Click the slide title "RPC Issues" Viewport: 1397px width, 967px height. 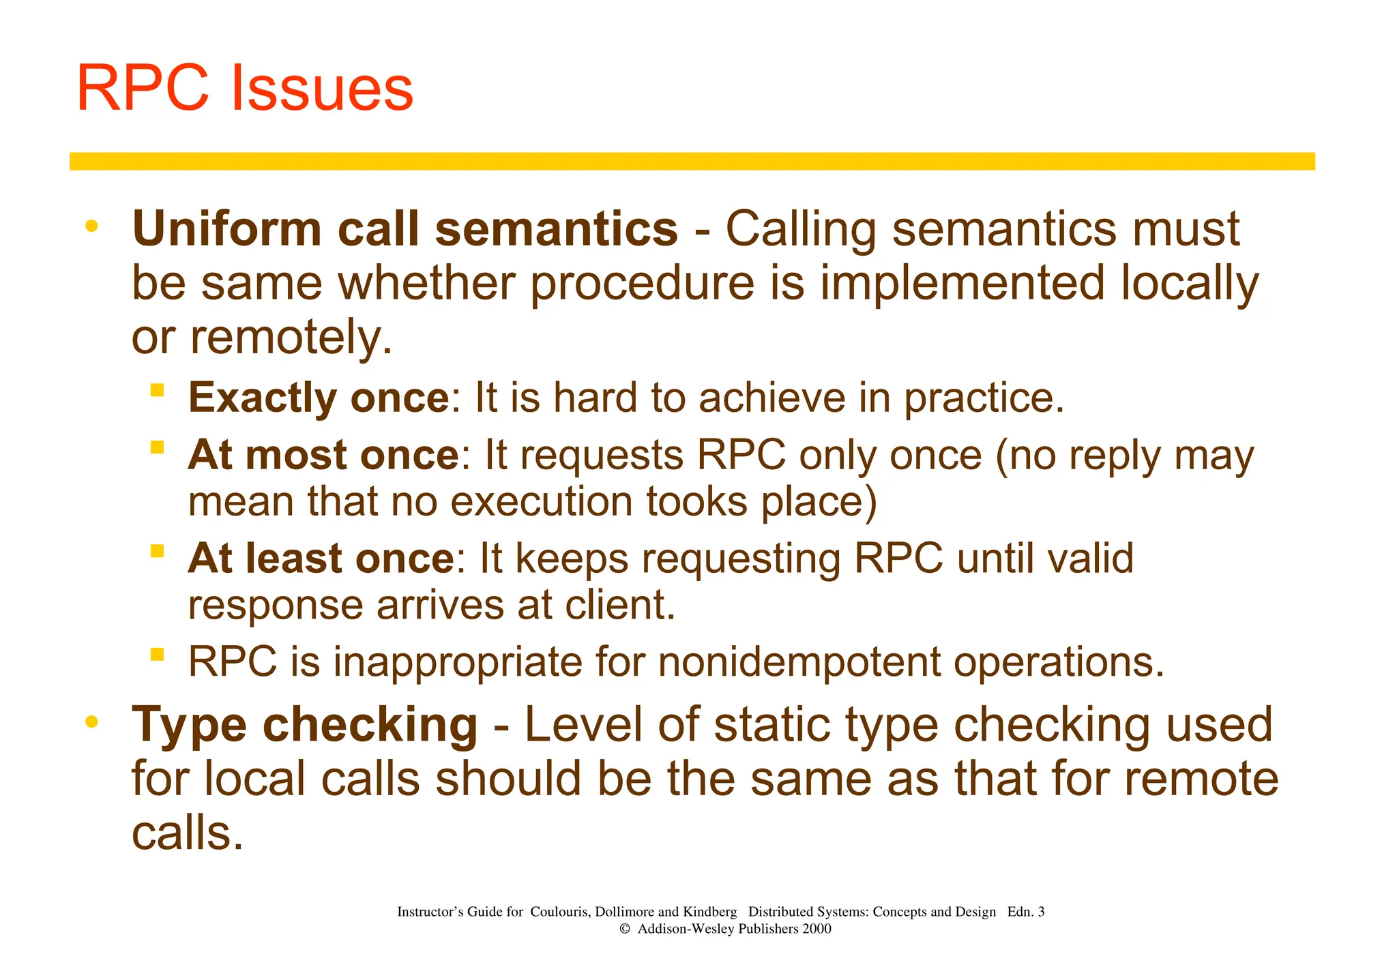point(245,88)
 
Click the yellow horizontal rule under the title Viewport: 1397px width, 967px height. point(692,162)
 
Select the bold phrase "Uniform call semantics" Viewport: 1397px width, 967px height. point(405,229)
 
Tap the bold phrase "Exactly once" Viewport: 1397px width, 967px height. point(319,398)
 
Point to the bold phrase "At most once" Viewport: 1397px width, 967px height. point(323,455)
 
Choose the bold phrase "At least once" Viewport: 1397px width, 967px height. point(321,559)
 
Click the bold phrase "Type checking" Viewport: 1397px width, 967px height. point(304,725)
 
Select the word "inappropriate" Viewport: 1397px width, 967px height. point(458,662)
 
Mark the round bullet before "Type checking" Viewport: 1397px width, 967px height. point(92,721)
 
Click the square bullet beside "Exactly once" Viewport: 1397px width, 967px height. point(158,390)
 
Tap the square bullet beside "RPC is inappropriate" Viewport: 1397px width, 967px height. point(158,655)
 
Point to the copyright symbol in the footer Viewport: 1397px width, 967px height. point(624,929)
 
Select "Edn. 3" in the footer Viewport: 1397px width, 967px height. point(1025,912)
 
